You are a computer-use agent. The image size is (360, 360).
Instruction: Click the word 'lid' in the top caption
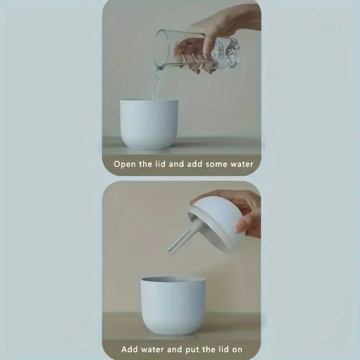click(x=160, y=164)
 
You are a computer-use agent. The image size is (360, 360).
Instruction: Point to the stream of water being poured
click(x=157, y=83)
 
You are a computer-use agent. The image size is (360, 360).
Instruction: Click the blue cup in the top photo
click(x=149, y=124)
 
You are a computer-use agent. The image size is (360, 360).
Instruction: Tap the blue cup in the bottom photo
click(x=173, y=306)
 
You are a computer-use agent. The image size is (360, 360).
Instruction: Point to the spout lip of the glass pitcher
click(x=159, y=67)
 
